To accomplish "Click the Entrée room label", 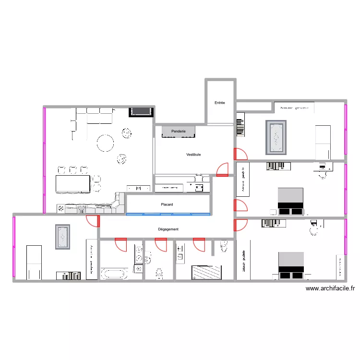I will point(219,103).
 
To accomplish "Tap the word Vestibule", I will point(193,155).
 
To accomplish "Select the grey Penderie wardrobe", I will point(179,131).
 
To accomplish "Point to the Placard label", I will point(167,205).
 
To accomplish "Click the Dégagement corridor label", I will point(168,229).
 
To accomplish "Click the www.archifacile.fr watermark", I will point(330,288).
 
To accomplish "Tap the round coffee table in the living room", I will point(105,142).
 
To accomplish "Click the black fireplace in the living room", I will point(141,112).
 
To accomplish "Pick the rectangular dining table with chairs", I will point(73,184).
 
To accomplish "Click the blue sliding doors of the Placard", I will point(168,214).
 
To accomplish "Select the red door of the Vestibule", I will point(223,170).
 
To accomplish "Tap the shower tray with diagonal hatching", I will point(206,272).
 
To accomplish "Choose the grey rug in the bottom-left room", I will point(62,237).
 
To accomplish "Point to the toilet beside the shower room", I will point(223,246).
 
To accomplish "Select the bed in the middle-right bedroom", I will point(290,201).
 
